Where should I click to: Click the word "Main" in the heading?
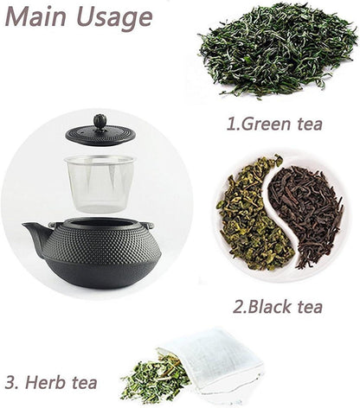pyautogui.click(x=36, y=16)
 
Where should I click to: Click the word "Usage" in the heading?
pyautogui.click(x=114, y=18)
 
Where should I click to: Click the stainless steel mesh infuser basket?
pyautogui.click(x=100, y=183)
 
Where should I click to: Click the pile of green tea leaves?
pyautogui.click(x=278, y=49)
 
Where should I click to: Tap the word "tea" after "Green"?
pyautogui.click(x=310, y=124)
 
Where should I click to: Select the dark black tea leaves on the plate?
pyautogui.click(x=305, y=214)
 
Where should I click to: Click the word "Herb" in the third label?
pyautogui.click(x=45, y=382)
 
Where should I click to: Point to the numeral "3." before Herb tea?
pyautogui.click(x=11, y=383)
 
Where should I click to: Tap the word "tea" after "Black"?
pyautogui.click(x=310, y=306)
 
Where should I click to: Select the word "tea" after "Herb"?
pyautogui.click(x=84, y=383)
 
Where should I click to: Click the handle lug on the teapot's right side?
pyautogui.click(x=149, y=226)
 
